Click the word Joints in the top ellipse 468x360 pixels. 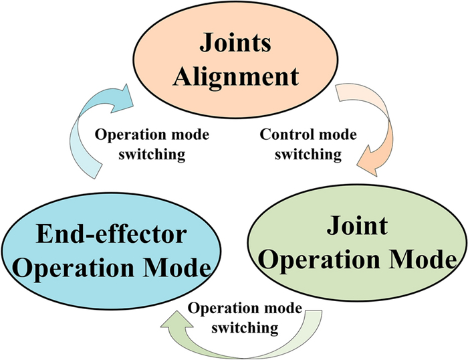click(235, 46)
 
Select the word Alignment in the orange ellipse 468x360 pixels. click(235, 76)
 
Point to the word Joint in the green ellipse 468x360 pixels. click(357, 226)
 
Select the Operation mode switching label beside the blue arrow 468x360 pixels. click(152, 144)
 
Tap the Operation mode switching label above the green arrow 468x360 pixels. click(245, 319)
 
